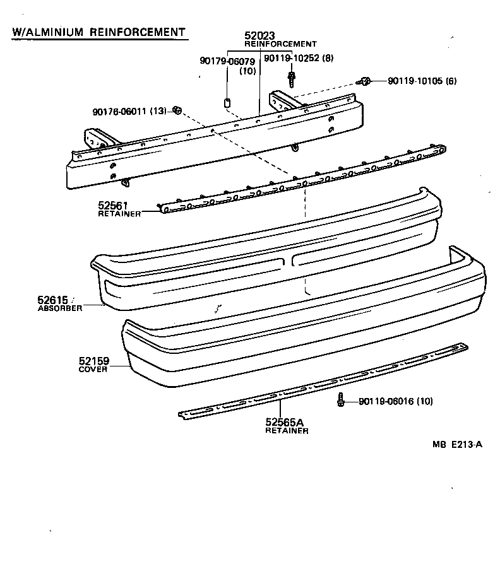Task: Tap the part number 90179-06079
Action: click(x=227, y=61)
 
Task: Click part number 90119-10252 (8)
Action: click(x=298, y=58)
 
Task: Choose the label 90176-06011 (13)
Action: click(x=129, y=112)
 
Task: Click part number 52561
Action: click(x=113, y=205)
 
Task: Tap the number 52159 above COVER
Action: click(x=95, y=361)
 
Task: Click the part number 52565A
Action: click(x=285, y=422)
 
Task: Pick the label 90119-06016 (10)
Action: click(x=395, y=401)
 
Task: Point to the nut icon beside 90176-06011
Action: click(x=178, y=111)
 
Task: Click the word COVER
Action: click(x=92, y=370)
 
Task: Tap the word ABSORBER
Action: click(x=60, y=308)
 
